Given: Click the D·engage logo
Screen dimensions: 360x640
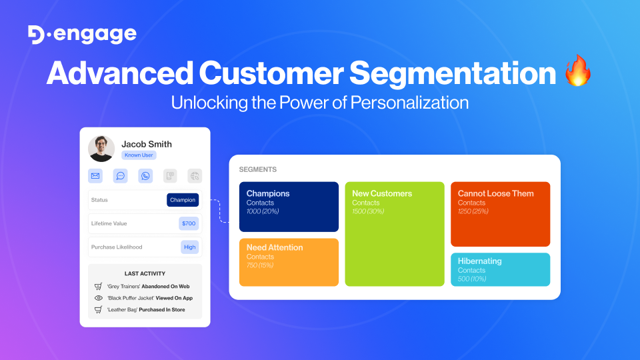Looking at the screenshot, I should coord(83,35).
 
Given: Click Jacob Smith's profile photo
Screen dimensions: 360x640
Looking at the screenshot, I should coord(101,149).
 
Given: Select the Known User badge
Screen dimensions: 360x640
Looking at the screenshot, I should coord(139,155).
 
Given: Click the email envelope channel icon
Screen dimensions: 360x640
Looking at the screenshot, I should coord(95,176).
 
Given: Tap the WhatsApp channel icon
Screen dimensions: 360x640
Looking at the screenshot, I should coord(145,176).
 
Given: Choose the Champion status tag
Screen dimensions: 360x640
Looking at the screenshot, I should coord(183,200).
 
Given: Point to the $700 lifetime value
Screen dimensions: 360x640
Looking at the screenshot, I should coord(189,223).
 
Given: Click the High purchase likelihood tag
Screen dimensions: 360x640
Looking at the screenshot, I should coord(190,247).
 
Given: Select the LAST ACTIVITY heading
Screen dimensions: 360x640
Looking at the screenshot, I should coord(145,273).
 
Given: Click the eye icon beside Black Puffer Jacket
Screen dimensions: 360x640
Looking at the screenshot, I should coord(98,298).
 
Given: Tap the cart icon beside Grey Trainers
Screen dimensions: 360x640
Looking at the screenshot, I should coord(98,286).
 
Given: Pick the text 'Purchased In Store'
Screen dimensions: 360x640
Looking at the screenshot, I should coord(162,310).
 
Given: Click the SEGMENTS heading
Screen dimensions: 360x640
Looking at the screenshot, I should coord(257,170).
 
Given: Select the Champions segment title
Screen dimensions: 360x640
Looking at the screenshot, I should coord(268,193).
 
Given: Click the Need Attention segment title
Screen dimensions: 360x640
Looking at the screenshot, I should coord(275,247).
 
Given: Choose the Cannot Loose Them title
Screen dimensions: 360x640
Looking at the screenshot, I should coord(495,193).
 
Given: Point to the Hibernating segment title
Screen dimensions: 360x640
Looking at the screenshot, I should coord(479,261).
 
